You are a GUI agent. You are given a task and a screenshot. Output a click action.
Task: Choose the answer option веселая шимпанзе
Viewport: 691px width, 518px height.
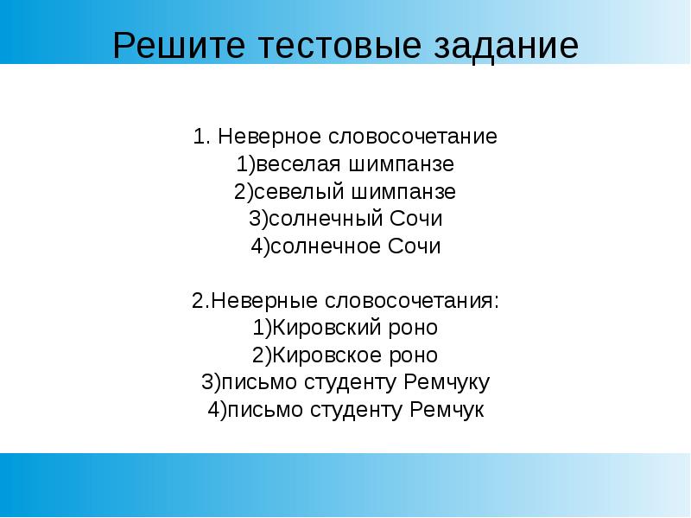click(x=345, y=164)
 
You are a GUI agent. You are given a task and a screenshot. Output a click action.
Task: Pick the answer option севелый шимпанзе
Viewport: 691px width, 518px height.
click(x=345, y=191)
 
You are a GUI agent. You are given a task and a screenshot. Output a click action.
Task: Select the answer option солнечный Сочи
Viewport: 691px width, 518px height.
click(x=345, y=219)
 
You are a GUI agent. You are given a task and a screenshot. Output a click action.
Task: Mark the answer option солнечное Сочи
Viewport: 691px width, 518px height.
click(x=345, y=246)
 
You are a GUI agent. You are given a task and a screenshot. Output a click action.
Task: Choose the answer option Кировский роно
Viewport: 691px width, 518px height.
click(x=345, y=329)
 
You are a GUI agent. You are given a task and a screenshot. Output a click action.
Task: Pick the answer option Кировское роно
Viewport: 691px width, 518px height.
click(x=345, y=355)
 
